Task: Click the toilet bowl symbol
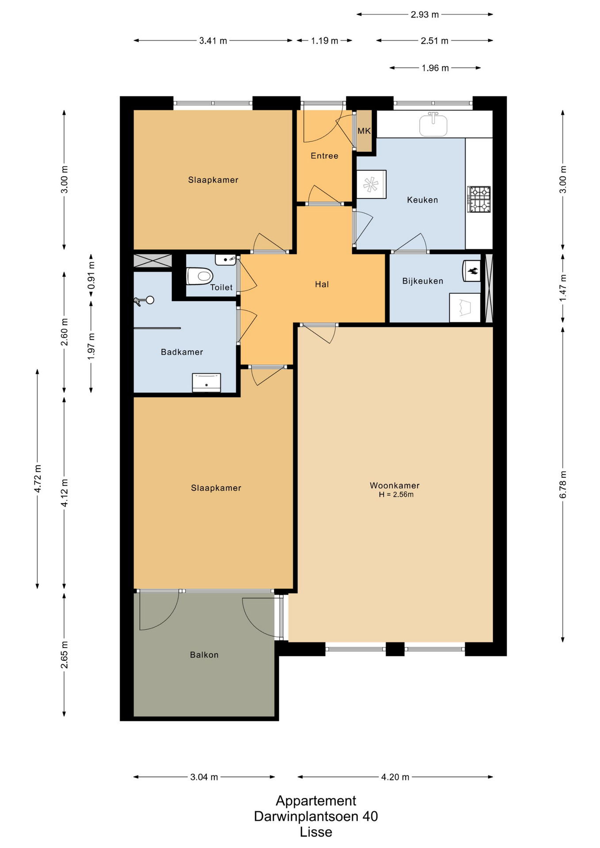(x=200, y=276)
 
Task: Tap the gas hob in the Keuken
(x=479, y=199)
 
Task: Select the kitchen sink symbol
(x=433, y=124)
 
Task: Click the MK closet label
(x=364, y=131)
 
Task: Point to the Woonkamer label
(x=395, y=485)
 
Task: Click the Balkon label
(x=204, y=655)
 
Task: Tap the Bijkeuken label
(x=422, y=281)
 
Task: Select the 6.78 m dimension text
(x=563, y=485)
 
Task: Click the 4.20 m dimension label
(x=395, y=777)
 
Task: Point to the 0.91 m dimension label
(x=91, y=275)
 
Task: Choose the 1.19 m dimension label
(x=324, y=41)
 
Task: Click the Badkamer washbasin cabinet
(x=206, y=382)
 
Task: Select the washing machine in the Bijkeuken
(x=465, y=308)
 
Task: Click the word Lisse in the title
(x=316, y=832)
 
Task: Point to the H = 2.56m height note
(x=396, y=495)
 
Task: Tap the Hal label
(x=322, y=284)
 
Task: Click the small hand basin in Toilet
(x=226, y=260)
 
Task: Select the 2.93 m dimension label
(x=425, y=15)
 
